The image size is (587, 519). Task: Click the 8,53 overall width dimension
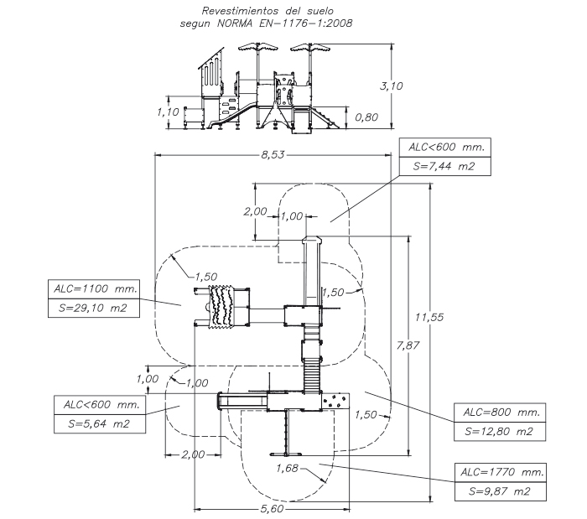coord(273,154)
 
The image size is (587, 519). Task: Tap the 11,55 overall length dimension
coord(429,317)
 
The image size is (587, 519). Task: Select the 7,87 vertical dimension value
coord(408,345)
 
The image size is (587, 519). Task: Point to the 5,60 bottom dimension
coord(273,509)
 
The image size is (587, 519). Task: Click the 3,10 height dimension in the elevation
coord(392,86)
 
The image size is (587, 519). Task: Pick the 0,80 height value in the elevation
coord(366,117)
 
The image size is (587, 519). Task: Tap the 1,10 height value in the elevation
coord(168,112)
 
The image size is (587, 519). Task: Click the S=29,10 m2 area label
coord(93,308)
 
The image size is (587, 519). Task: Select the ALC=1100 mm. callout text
coord(96,288)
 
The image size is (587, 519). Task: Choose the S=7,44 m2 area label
coord(444,166)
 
